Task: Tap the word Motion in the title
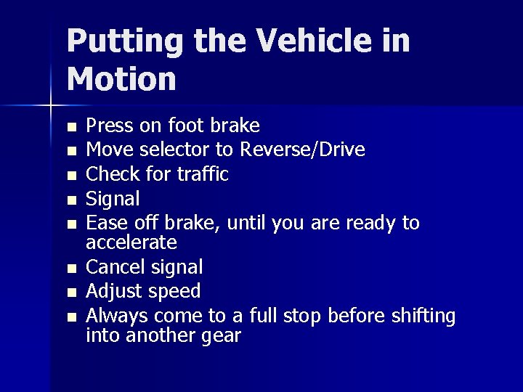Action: tap(121, 79)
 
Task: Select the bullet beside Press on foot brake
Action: tap(70, 127)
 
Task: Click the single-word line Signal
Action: tap(113, 198)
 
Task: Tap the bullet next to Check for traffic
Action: tap(70, 175)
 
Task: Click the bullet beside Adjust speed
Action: tap(70, 293)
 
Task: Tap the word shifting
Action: tap(425, 317)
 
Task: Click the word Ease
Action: tap(107, 222)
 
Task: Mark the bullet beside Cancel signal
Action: tap(70, 269)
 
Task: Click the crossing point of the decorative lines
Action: tap(51, 106)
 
